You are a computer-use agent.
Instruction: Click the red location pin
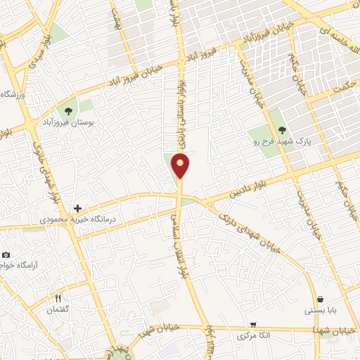tap(181, 167)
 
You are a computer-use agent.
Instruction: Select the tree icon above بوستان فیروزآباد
tap(68, 110)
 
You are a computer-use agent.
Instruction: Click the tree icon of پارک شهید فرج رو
tap(282, 129)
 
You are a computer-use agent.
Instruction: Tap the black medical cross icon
tap(77, 209)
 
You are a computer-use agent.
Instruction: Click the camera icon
tap(6, 255)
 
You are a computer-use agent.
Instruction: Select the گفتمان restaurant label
tap(59, 310)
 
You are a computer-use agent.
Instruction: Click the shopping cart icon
tap(252, 325)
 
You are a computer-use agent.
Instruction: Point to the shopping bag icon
tap(321, 299)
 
